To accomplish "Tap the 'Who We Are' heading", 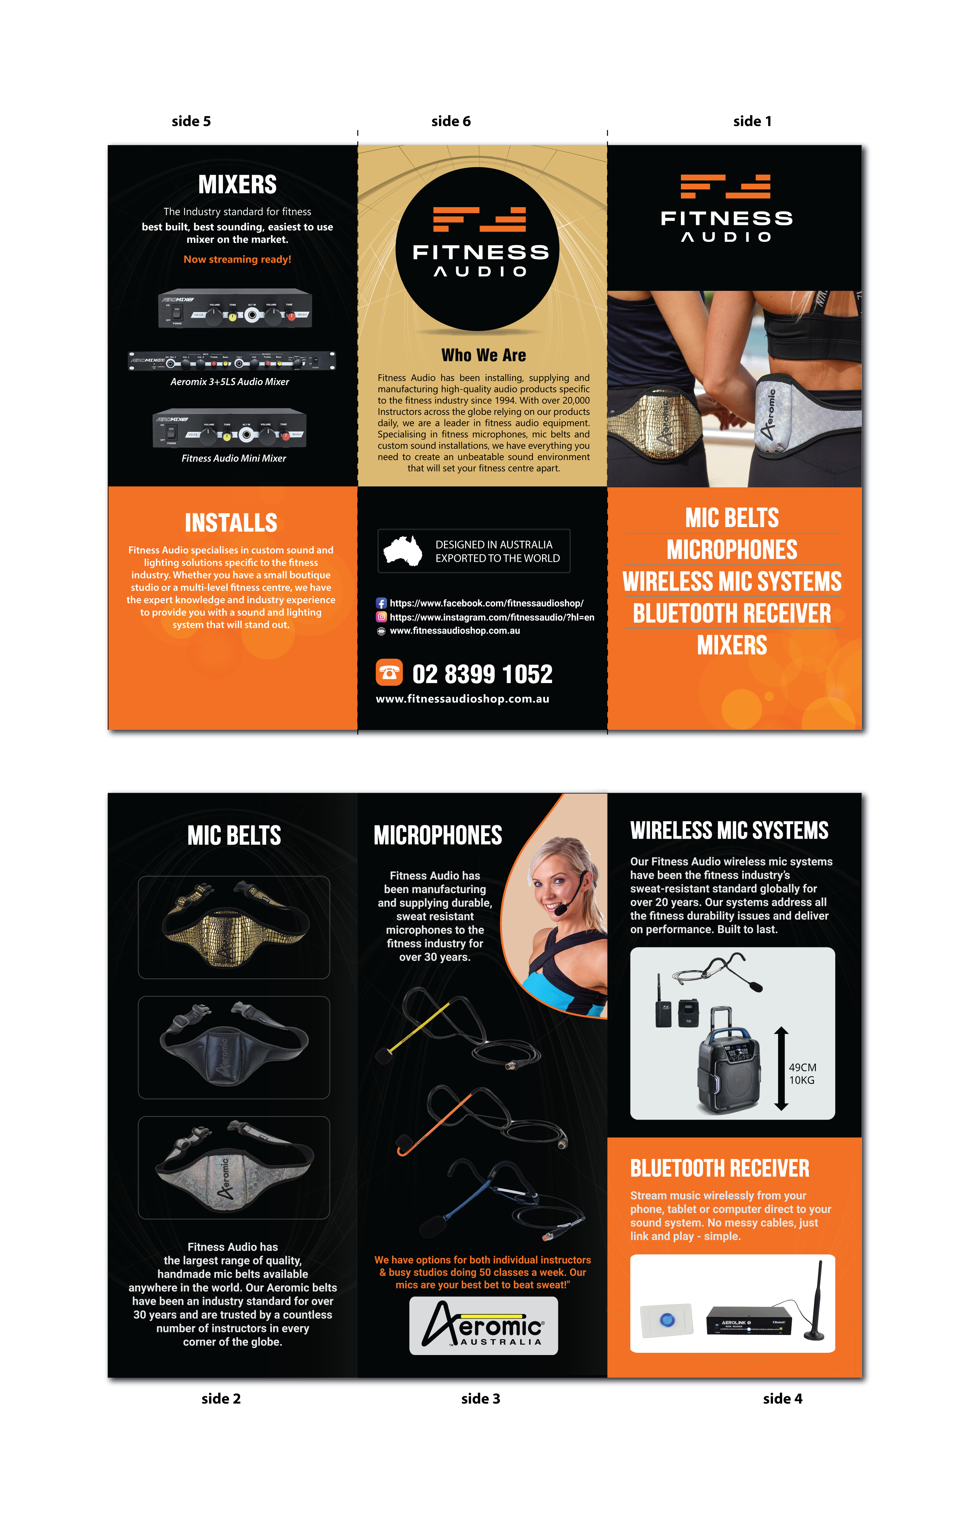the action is click(x=484, y=355).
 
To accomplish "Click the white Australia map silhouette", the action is click(x=403, y=550).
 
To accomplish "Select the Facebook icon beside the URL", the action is click(x=381, y=604).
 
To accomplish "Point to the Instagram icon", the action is click(x=381, y=617).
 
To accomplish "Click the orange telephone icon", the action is click(x=389, y=673).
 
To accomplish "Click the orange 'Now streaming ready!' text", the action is click(x=238, y=259).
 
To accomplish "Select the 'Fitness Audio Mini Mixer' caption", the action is click(x=234, y=458).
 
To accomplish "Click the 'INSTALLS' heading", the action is click(x=231, y=523).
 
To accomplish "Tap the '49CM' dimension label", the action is click(x=802, y=1067).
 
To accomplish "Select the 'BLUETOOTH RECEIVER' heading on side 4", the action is click(x=720, y=1169).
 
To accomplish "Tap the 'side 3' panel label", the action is click(x=481, y=1398).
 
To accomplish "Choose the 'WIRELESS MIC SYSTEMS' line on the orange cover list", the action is click(x=732, y=581).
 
